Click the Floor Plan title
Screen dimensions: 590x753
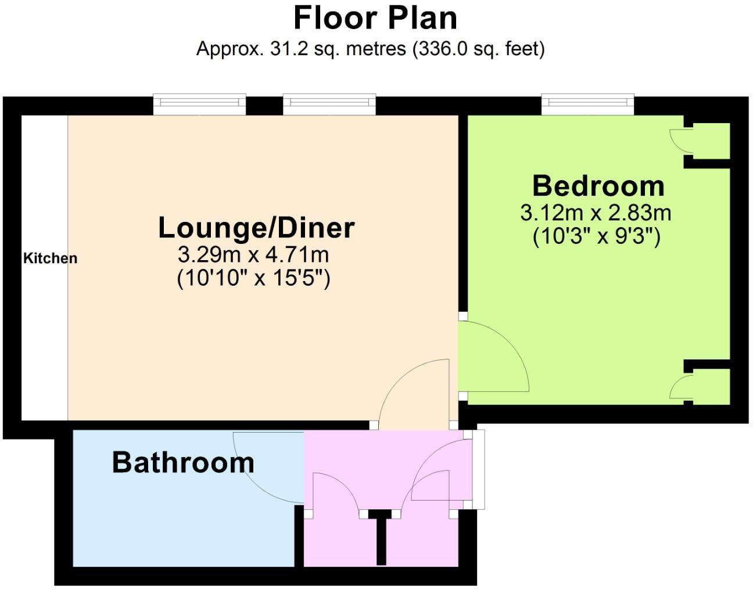pyautogui.click(x=375, y=18)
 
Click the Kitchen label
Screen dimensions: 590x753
pyautogui.click(x=50, y=258)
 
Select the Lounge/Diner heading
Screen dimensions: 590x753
pyautogui.click(x=256, y=227)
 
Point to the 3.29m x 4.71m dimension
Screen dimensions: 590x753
pyautogui.click(x=253, y=255)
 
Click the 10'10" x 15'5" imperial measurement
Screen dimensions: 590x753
pyautogui.click(x=253, y=278)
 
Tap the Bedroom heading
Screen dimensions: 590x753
pyautogui.click(x=598, y=186)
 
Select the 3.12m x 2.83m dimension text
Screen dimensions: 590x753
pyautogui.click(x=596, y=213)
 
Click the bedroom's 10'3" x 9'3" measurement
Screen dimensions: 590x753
pyautogui.click(x=597, y=237)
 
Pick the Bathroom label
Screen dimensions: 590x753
pyautogui.click(x=183, y=462)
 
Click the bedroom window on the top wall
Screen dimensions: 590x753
pyautogui.click(x=587, y=104)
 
